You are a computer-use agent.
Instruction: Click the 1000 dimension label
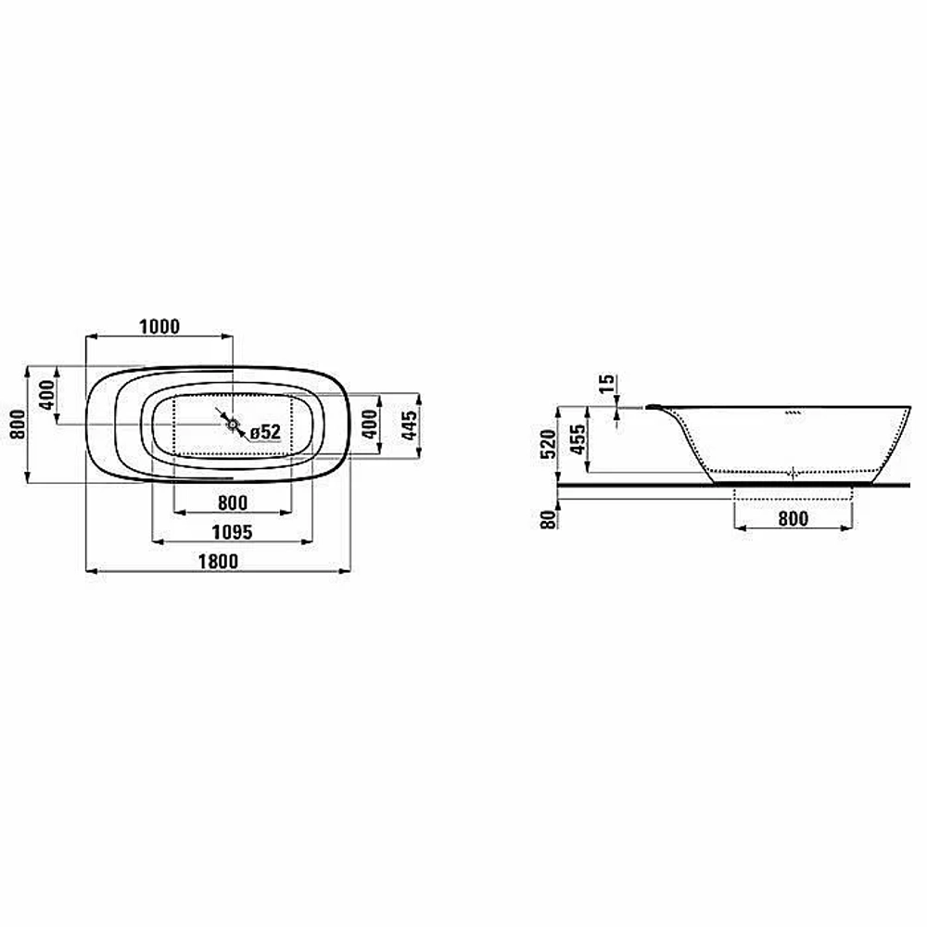coord(159,326)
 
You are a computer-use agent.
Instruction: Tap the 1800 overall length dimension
coord(218,561)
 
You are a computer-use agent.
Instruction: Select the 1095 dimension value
coord(233,532)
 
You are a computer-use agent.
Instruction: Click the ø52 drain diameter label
coord(265,432)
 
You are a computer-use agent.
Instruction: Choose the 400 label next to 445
coord(369,425)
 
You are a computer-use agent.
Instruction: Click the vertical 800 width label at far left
coord(18,425)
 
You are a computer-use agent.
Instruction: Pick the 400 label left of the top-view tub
coord(46,395)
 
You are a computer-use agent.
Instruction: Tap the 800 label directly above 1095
coord(233,503)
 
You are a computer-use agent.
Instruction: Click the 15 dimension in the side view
coord(606,385)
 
